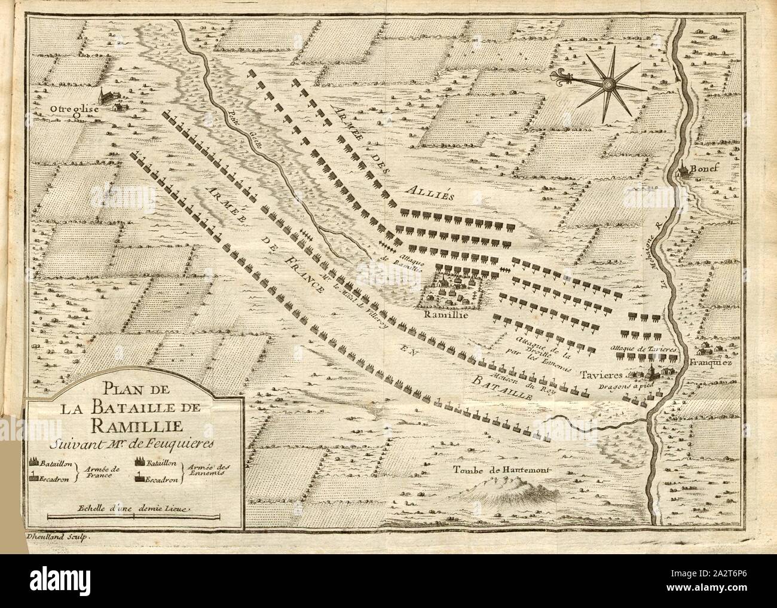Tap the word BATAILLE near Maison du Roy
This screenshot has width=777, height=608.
[x=503, y=387]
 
